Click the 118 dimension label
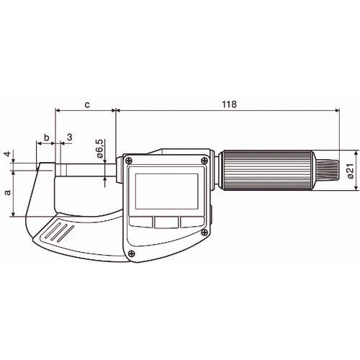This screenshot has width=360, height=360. click(229, 104)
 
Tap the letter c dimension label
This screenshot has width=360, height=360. click(87, 104)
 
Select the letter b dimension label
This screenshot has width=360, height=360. click(47, 138)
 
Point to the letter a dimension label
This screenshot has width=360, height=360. click(8, 192)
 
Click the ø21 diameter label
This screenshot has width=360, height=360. click(351, 171)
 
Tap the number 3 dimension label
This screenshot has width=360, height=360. click(69, 138)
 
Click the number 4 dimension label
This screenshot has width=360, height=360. click(8, 153)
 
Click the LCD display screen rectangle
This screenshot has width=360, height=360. click(167, 192)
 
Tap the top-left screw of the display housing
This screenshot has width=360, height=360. click(129, 160)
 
